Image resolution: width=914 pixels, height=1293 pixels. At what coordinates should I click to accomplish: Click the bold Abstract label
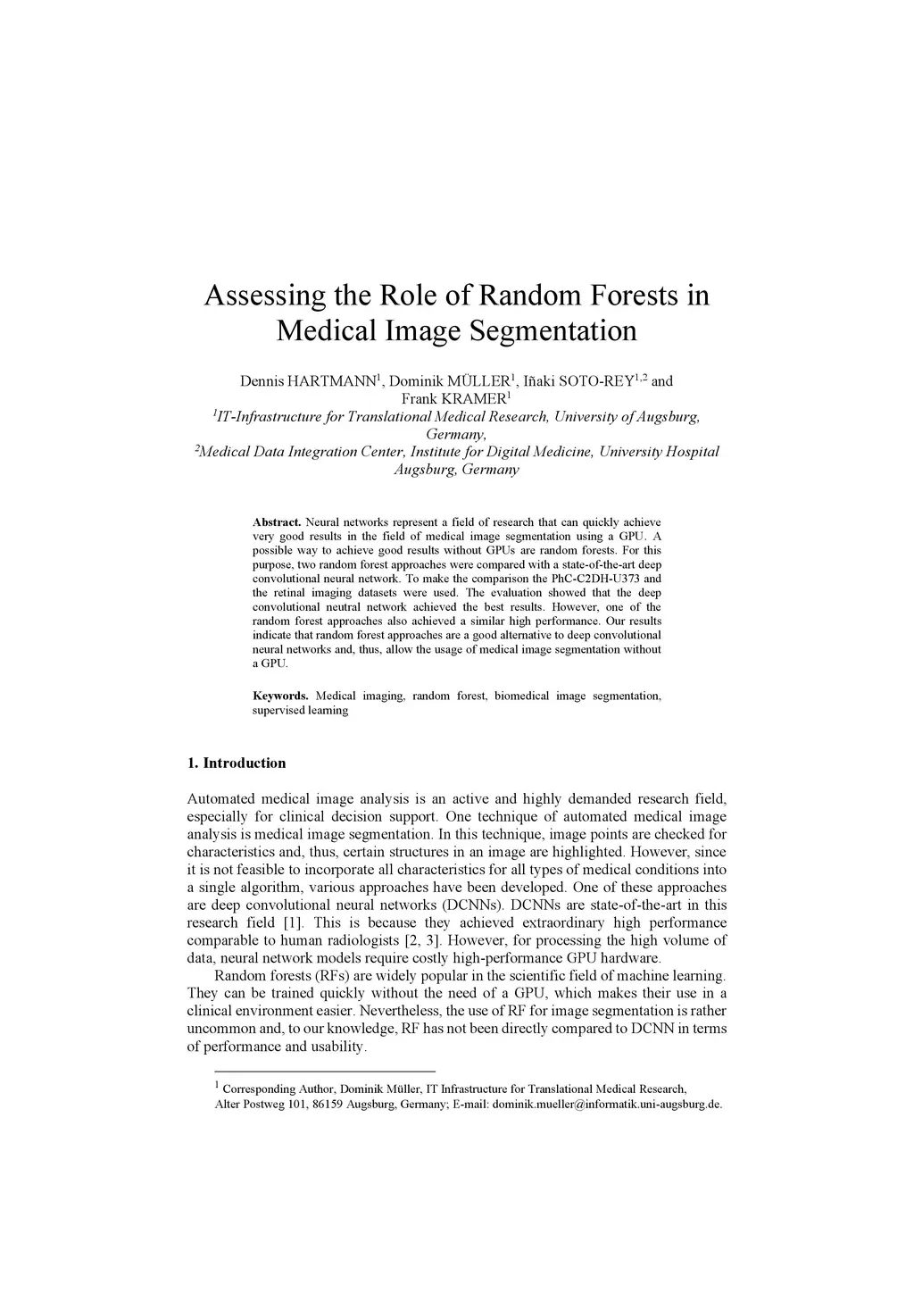click(x=277, y=521)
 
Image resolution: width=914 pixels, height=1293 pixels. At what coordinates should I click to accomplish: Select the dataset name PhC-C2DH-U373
click(x=602, y=579)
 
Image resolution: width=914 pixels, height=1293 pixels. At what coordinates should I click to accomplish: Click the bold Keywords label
click(x=280, y=696)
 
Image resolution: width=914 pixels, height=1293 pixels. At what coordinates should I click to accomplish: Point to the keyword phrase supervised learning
click(x=300, y=711)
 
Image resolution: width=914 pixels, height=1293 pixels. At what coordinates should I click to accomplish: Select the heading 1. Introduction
click(x=237, y=763)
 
